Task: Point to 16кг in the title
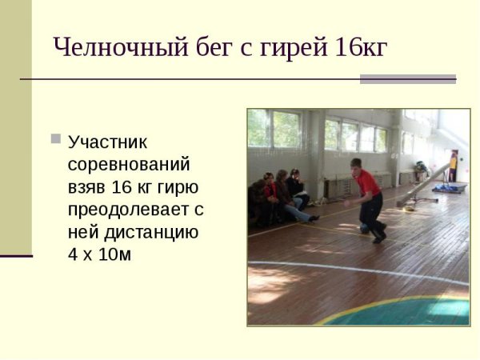click(x=358, y=48)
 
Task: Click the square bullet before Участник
click(x=55, y=138)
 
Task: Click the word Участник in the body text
click(x=108, y=142)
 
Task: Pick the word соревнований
click(x=129, y=165)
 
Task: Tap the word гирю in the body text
click(x=181, y=187)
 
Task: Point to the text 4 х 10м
click(x=100, y=256)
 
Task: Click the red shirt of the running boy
click(x=368, y=184)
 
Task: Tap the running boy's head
click(x=356, y=164)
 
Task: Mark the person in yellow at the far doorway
click(x=454, y=167)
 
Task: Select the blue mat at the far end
click(x=450, y=187)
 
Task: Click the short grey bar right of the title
click(x=407, y=78)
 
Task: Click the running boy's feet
click(x=378, y=235)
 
